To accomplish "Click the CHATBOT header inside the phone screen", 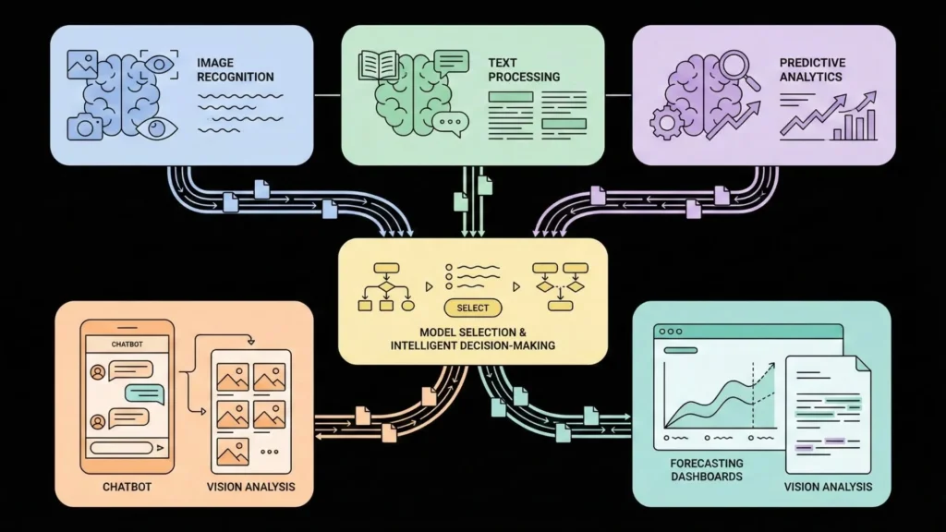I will [128, 344].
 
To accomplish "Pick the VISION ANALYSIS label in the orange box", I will [250, 487].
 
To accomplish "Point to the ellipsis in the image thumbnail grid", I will [270, 453].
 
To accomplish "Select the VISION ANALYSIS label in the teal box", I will [827, 487].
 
